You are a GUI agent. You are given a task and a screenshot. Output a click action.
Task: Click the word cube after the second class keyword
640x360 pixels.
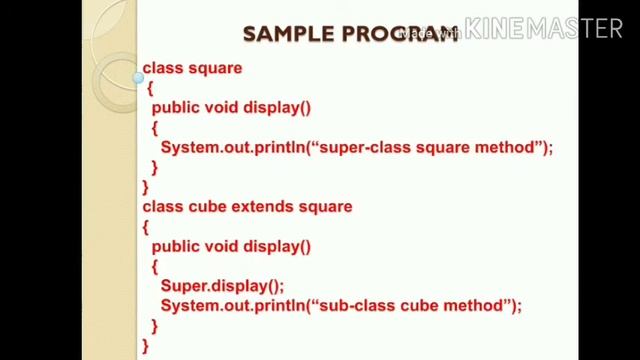pyautogui.click(x=208, y=207)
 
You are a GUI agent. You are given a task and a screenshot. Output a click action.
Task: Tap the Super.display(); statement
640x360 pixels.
pyautogui.click(x=222, y=285)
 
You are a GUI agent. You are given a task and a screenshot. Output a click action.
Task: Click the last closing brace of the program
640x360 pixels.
pyautogui.click(x=146, y=345)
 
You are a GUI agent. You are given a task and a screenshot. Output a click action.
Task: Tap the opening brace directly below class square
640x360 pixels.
pyautogui.click(x=149, y=88)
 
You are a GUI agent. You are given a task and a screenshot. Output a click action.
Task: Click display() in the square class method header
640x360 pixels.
pyautogui.click(x=277, y=108)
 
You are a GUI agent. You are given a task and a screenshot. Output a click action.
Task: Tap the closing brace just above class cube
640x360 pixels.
pyautogui.click(x=146, y=187)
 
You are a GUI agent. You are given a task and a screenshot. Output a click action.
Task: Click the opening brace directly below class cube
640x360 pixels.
pyautogui.click(x=146, y=227)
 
